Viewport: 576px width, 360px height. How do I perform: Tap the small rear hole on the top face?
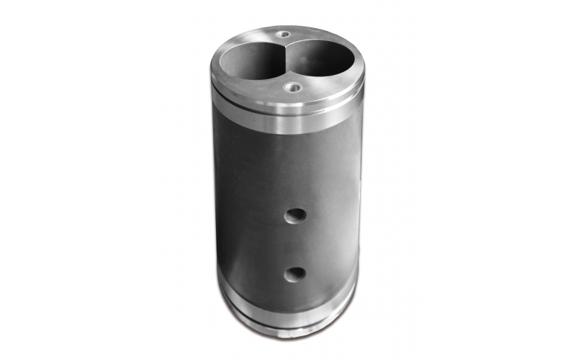click(x=284, y=34)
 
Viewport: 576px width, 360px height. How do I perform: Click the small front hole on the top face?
click(x=292, y=88)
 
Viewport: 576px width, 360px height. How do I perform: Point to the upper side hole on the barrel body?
click(x=295, y=215)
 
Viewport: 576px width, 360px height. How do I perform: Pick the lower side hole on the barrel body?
click(x=294, y=274)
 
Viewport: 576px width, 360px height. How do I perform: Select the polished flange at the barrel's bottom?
click(x=288, y=317)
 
